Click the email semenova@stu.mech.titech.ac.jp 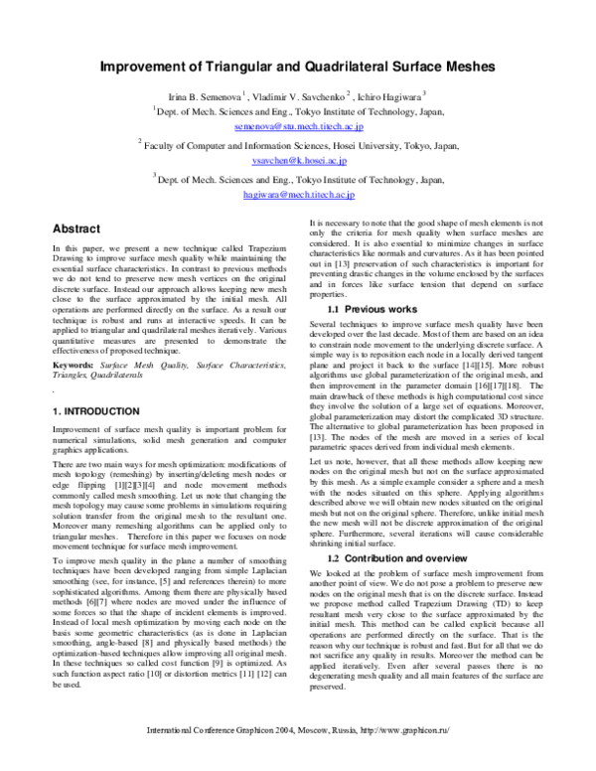point(291,128)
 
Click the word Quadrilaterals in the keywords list point(118,376)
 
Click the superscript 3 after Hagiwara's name point(424,92)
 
